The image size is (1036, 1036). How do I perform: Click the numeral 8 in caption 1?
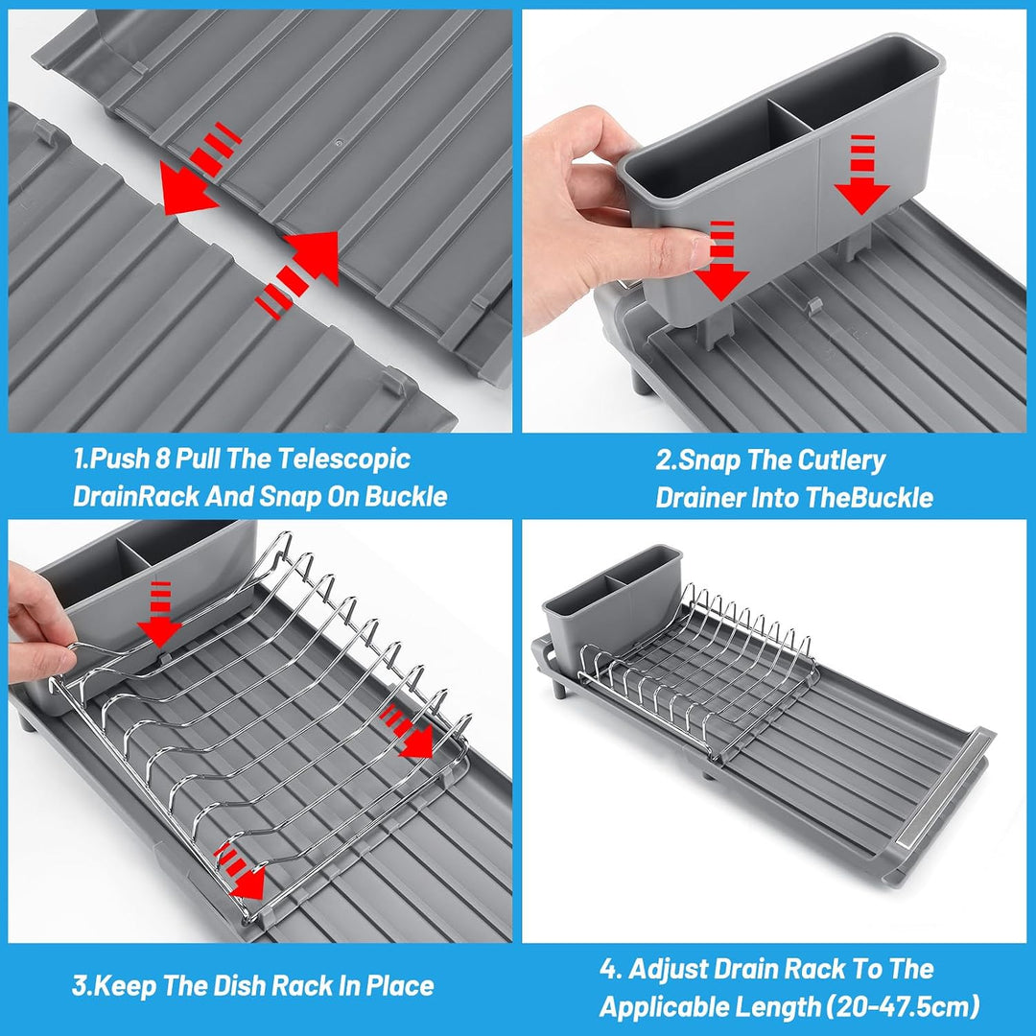pos(162,459)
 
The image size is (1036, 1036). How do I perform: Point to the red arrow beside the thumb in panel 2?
pos(721,260)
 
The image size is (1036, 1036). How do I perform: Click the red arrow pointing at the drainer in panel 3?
pos(159,614)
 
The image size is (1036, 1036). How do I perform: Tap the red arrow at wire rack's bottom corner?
pos(241,871)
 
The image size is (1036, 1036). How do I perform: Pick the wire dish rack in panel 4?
pos(699,672)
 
